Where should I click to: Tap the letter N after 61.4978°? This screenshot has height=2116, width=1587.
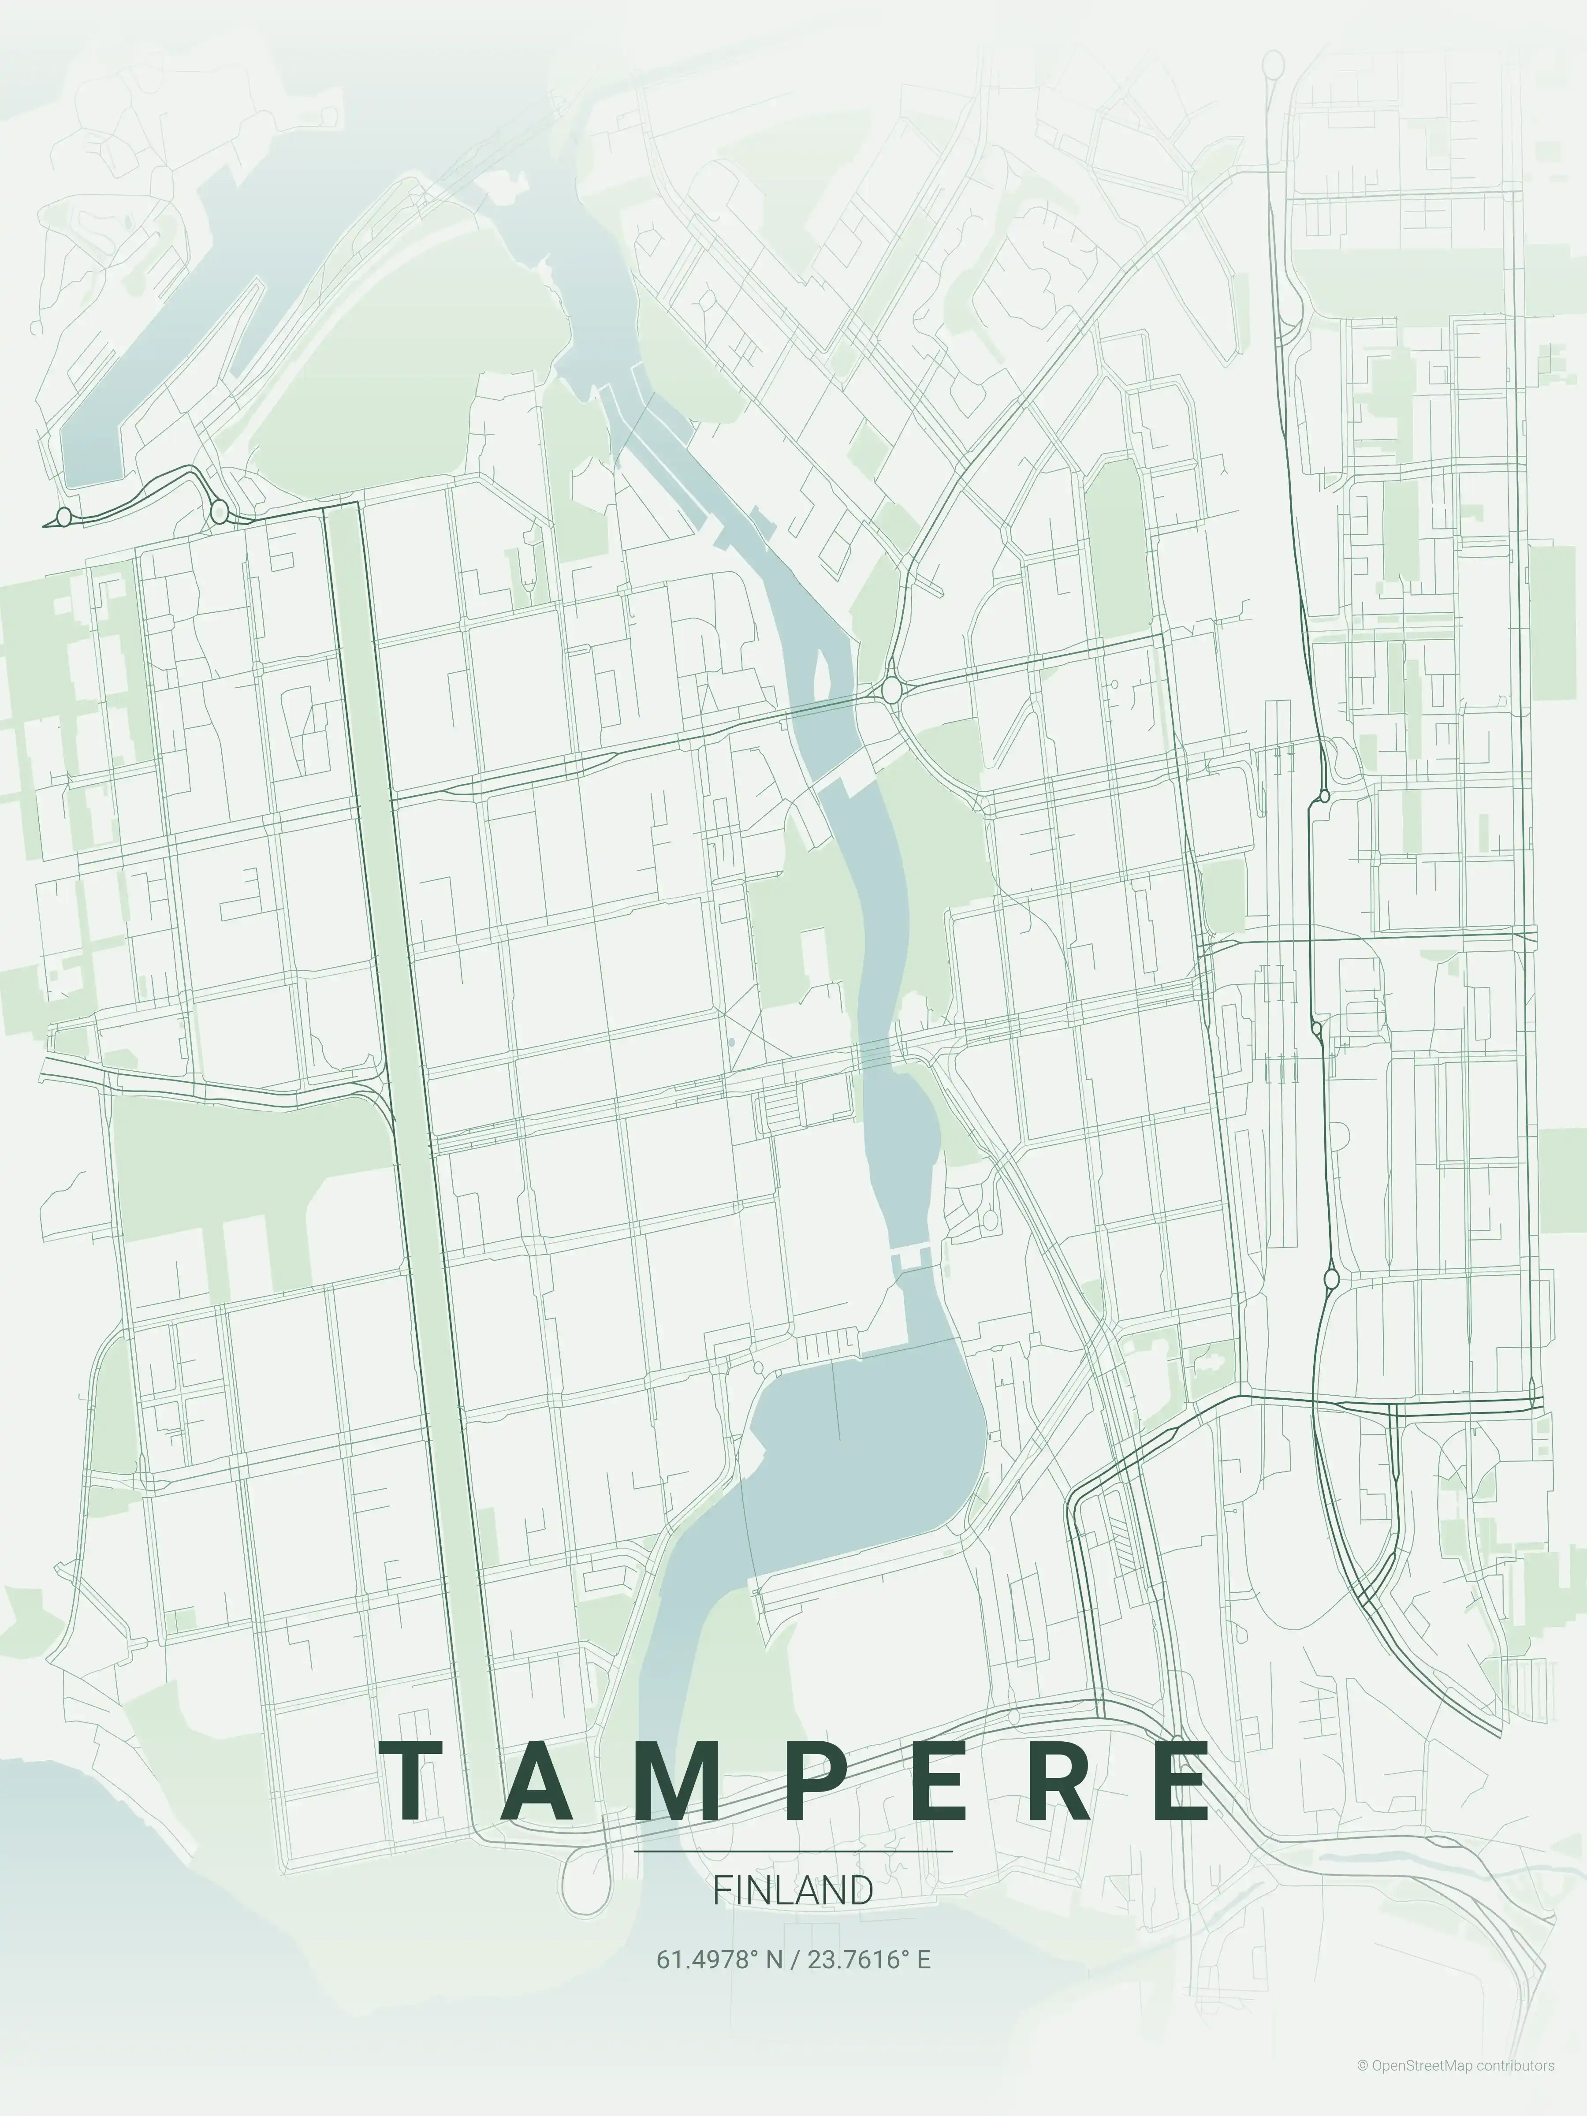[x=773, y=1960]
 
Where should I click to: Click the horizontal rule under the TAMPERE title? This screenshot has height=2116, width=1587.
[x=793, y=1851]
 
